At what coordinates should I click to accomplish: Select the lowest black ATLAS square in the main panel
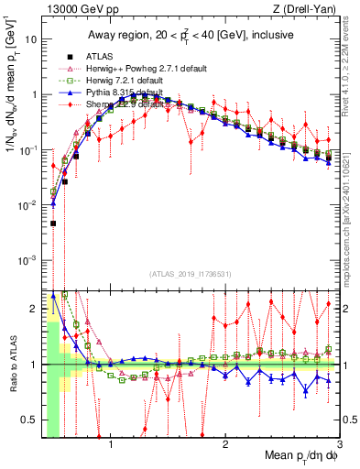point(53,223)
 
